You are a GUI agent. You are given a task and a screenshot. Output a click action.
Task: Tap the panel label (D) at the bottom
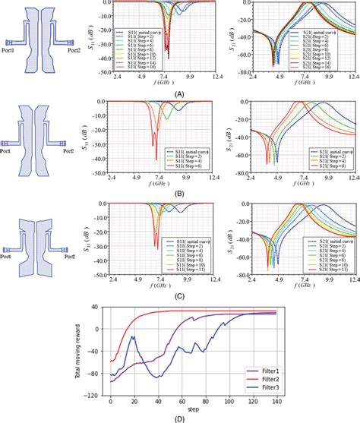point(180,417)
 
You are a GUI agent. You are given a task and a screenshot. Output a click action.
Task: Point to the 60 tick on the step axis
point(181,402)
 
